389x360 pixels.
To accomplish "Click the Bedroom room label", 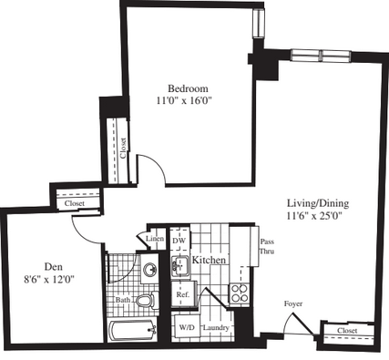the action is pos(188,88).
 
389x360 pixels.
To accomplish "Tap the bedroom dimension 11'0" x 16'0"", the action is pos(184,100).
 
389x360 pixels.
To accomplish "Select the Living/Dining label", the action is pos(318,203).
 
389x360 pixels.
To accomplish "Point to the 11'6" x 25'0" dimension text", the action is pos(314,216).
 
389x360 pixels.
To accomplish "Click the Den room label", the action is pos(54,267).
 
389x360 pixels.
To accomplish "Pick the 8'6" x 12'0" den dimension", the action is pos(49,279).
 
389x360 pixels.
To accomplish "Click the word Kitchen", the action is pos(209,260).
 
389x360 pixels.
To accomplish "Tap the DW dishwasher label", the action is pos(179,241).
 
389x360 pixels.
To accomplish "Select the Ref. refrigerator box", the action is pos(183,294).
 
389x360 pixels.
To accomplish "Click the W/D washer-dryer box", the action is pos(186,327).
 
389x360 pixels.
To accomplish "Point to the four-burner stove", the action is pos(240,293).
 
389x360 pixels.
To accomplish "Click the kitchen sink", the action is pos(180,266).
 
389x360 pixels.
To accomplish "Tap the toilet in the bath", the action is pos(148,301).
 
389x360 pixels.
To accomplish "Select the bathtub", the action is pos(132,331).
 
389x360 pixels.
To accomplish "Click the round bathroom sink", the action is pos(150,269).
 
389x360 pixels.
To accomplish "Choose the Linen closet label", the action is pos(155,239).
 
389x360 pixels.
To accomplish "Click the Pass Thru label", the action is pos(267,246).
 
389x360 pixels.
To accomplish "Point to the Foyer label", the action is pos(293,303).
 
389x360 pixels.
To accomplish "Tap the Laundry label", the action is pos(216,328).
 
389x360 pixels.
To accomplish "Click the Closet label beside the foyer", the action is pos(347,330).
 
